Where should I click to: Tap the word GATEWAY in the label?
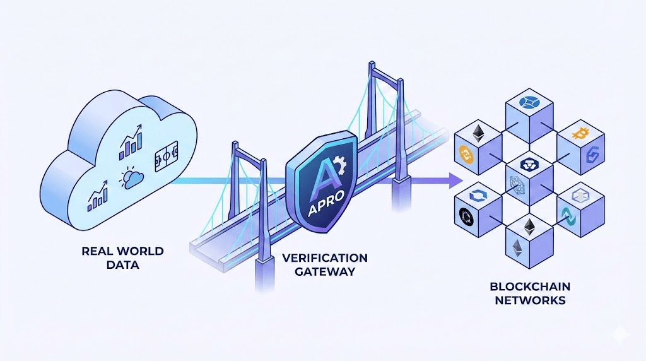pyautogui.click(x=324, y=271)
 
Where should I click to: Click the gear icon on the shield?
pyautogui.click(x=340, y=165)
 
